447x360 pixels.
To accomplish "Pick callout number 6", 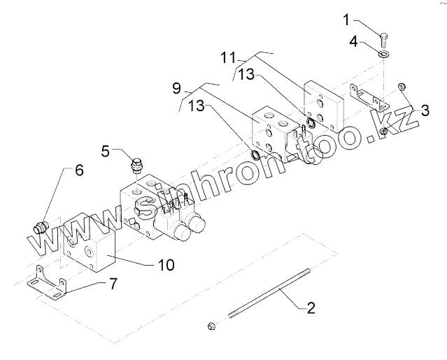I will point(79,170).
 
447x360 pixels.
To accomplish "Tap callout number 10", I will point(166,265).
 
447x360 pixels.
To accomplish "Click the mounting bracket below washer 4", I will point(369,96).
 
